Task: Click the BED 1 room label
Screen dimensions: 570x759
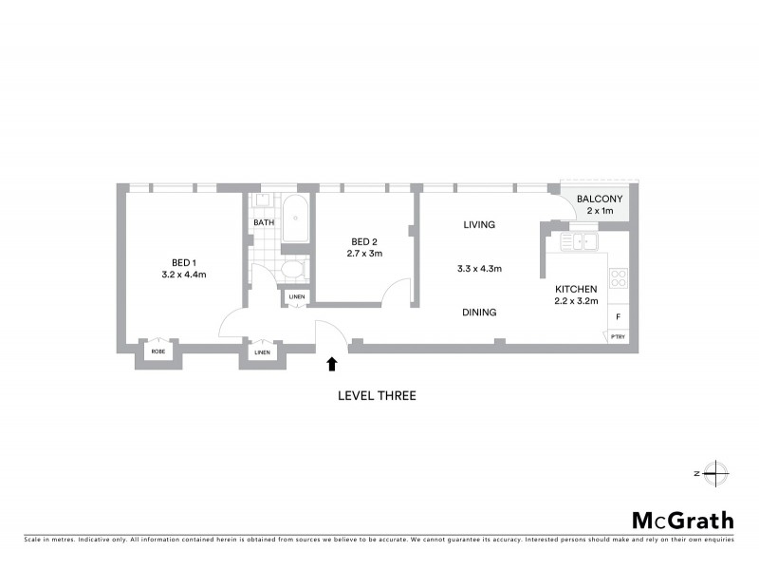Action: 185,262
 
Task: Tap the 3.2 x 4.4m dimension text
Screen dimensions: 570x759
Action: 185,275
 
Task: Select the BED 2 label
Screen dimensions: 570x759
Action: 364,241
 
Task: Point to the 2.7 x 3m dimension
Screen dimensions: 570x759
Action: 364,254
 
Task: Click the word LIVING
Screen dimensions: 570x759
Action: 480,225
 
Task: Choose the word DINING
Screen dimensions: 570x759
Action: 479,312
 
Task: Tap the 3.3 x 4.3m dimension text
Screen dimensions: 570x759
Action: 479,269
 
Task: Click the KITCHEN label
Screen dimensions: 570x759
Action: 576,289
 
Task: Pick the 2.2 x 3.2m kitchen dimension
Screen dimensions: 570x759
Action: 576,301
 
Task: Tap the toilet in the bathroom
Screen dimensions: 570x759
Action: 293,270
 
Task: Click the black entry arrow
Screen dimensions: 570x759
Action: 331,362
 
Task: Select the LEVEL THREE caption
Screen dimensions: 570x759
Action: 377,395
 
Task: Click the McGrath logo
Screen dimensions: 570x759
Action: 683,520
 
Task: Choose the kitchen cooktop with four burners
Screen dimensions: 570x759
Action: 618,278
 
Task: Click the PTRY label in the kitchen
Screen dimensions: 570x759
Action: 618,335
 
